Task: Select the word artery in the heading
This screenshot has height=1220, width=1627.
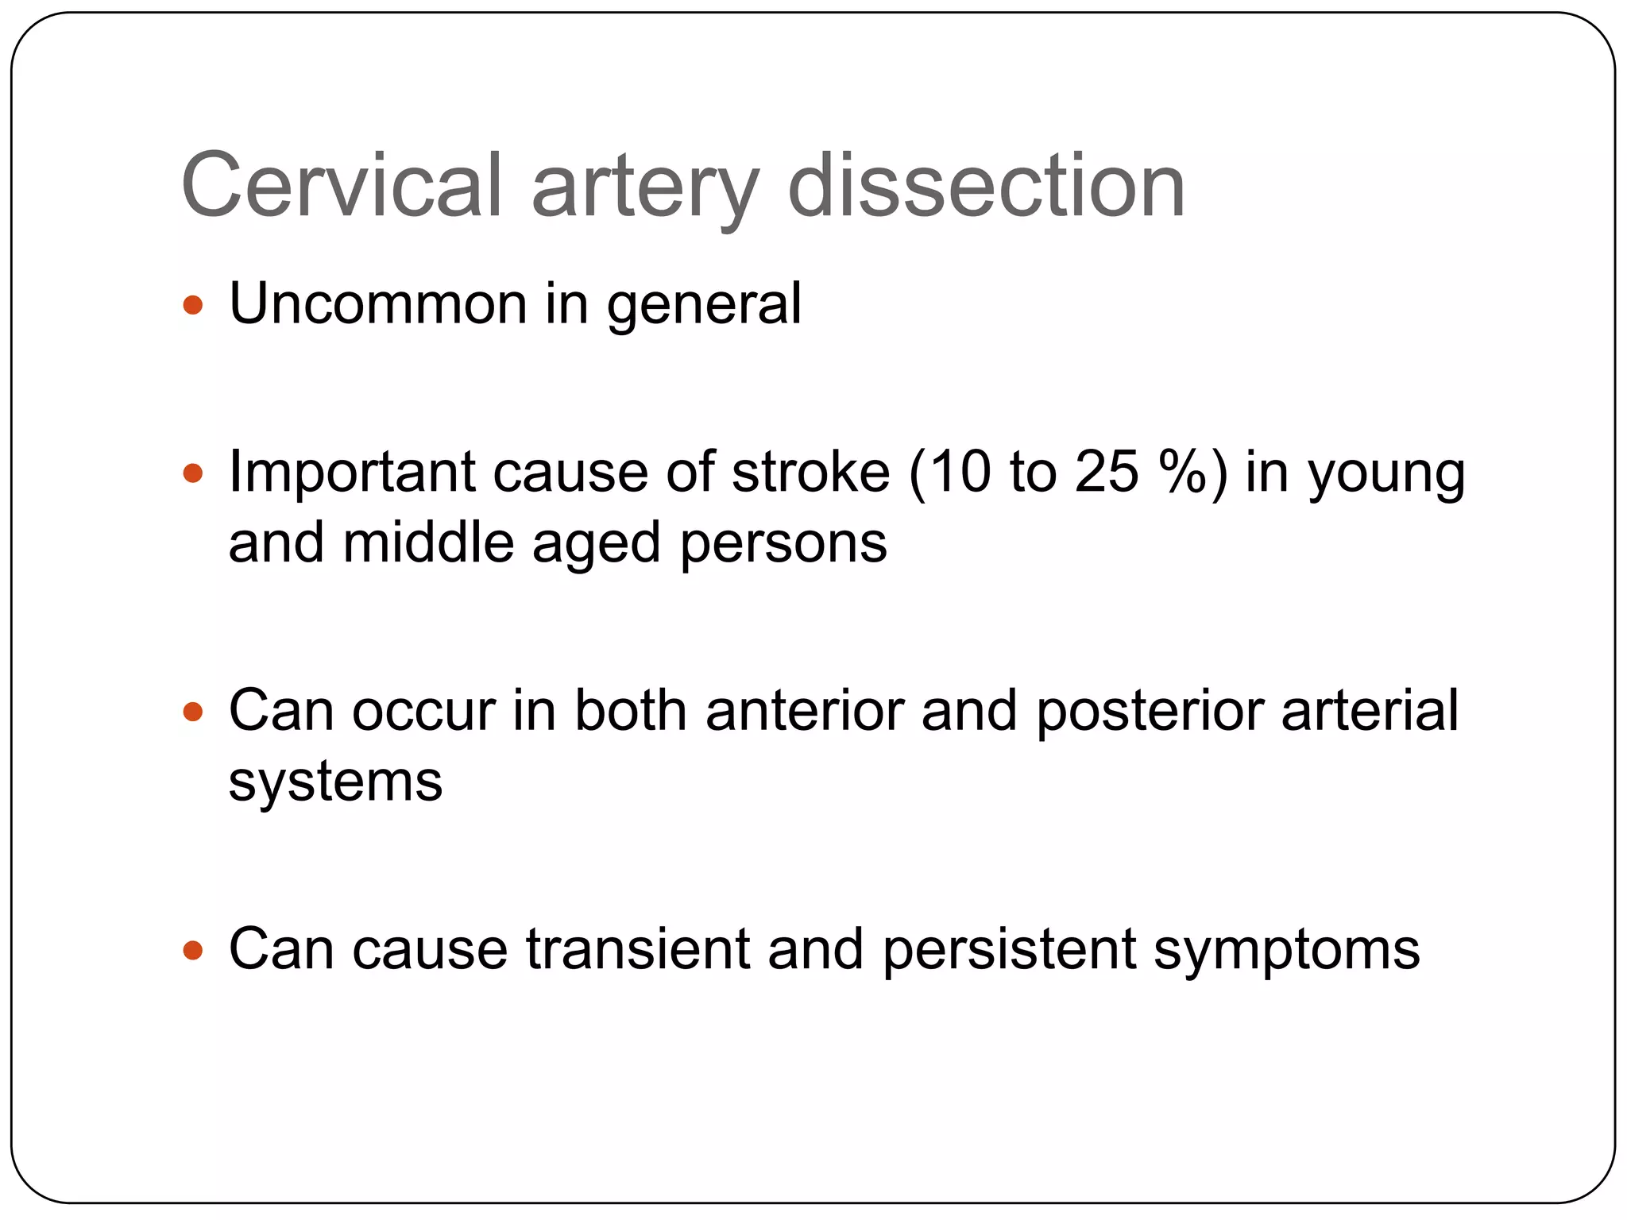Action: (x=645, y=191)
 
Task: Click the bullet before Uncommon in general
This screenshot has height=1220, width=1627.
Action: (x=193, y=305)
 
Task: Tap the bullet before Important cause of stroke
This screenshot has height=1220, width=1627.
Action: (x=193, y=474)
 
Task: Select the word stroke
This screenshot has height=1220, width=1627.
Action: (x=810, y=472)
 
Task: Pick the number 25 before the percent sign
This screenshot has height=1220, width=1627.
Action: (x=1107, y=472)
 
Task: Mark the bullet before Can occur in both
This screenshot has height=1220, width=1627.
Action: (x=193, y=712)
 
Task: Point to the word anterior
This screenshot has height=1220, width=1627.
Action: (x=804, y=710)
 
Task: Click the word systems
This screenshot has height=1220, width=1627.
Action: (x=335, y=783)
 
